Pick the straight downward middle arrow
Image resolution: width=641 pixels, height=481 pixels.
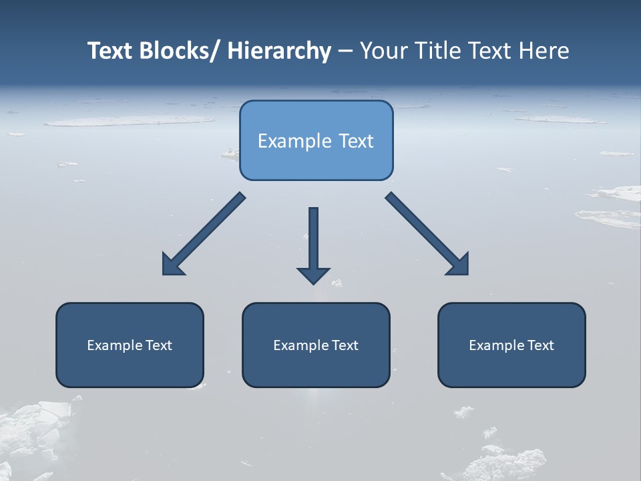point(313,240)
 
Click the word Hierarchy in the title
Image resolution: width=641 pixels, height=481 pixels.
point(279,51)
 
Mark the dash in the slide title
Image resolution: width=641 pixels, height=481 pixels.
point(345,51)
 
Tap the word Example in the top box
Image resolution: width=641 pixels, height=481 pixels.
point(294,141)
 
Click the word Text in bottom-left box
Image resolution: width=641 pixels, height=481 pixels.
point(158,345)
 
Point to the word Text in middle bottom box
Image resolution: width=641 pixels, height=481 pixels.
point(345,345)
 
